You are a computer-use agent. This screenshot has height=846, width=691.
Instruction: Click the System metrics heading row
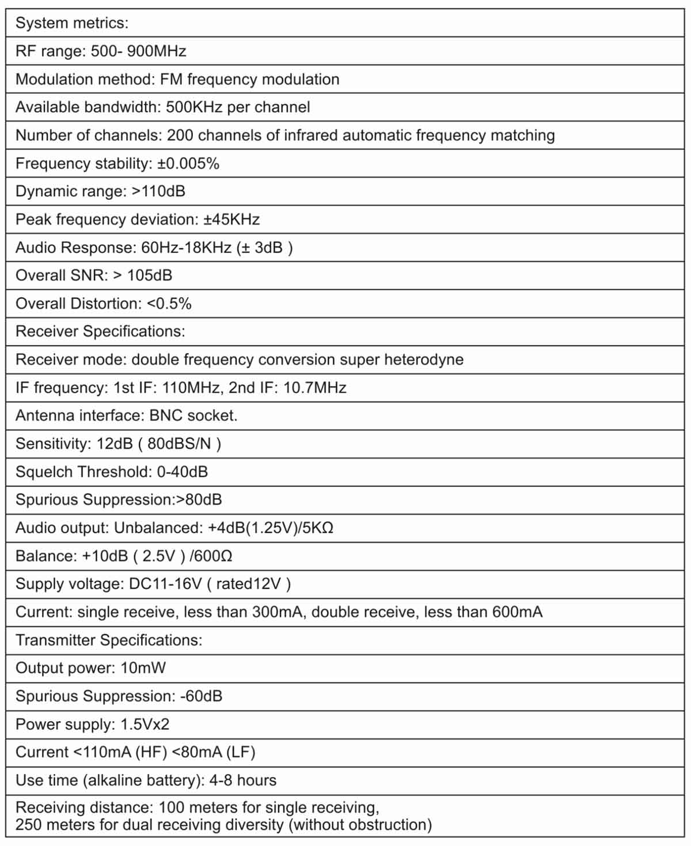click(x=72, y=23)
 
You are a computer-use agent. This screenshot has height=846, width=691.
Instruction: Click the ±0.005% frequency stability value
click(x=188, y=164)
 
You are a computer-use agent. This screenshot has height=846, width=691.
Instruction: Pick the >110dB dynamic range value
click(x=158, y=191)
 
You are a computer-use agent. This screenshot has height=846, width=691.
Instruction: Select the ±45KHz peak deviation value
click(x=231, y=219)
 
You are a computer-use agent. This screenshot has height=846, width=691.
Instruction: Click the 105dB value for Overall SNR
click(x=149, y=275)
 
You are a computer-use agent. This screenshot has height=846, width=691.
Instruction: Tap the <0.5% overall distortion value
click(x=169, y=304)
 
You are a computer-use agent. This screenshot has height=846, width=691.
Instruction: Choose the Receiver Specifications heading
click(x=100, y=331)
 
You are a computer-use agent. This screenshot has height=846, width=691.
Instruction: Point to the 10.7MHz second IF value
click(x=314, y=388)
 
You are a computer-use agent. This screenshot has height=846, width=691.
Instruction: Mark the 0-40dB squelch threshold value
click(x=182, y=472)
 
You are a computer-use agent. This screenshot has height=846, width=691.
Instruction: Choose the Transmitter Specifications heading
click(x=109, y=640)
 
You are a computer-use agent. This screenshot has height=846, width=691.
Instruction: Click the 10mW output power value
click(x=143, y=668)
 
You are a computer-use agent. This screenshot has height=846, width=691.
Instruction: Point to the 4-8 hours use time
click(x=242, y=780)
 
